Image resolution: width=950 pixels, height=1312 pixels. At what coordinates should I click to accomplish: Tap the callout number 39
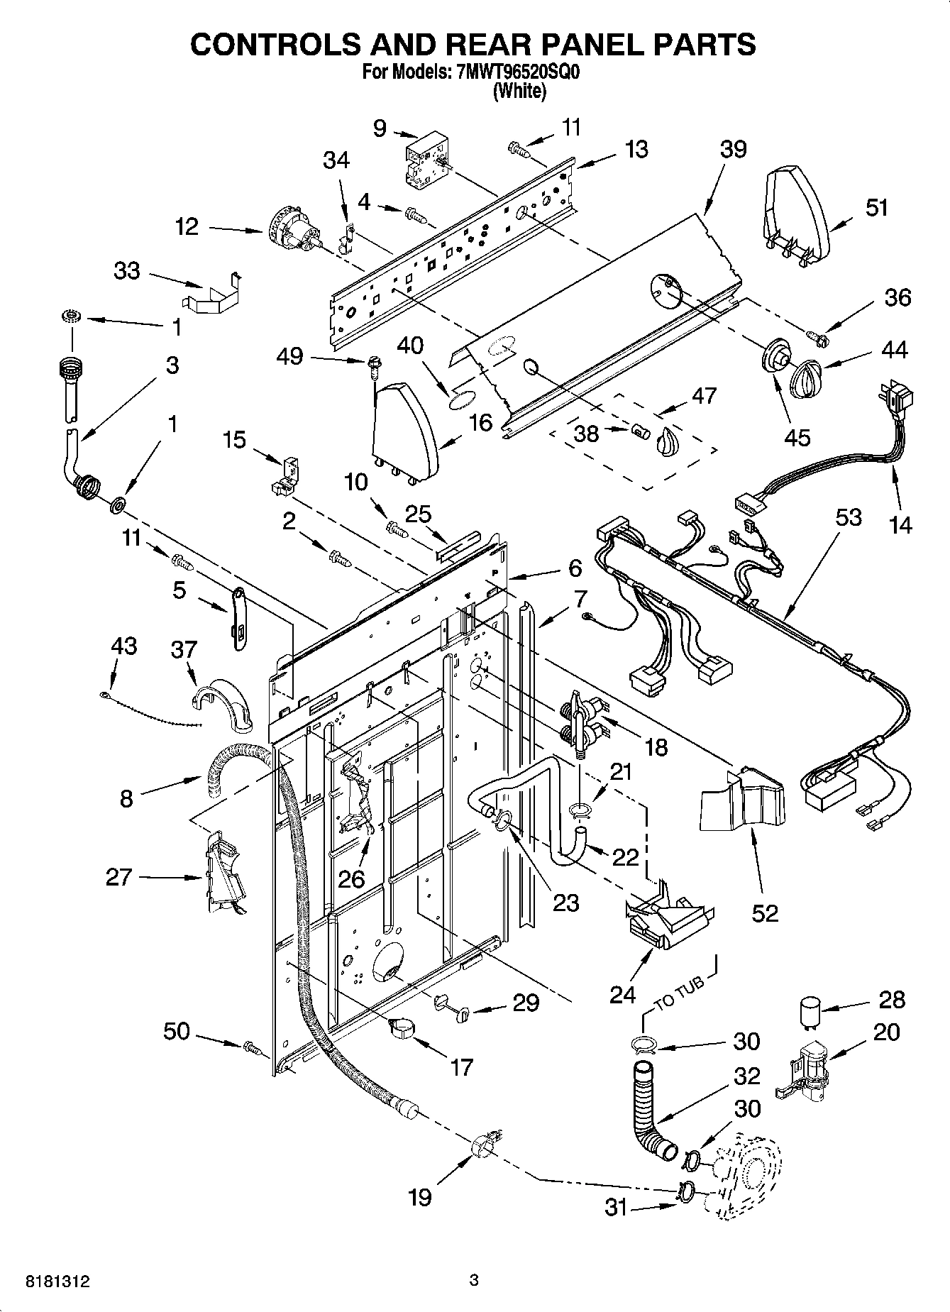(x=733, y=149)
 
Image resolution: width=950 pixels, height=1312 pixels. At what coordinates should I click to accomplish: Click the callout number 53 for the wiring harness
(x=848, y=518)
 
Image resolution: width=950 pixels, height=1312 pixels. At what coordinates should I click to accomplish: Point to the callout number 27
(x=118, y=877)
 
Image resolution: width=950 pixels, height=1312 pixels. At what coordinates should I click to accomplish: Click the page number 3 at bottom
(x=474, y=1281)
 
